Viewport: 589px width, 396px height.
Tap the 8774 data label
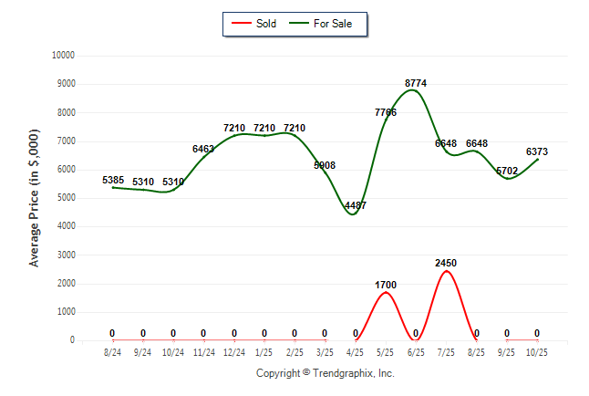(416, 83)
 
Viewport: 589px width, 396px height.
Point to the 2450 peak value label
(446, 263)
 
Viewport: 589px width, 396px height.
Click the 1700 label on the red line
(386, 285)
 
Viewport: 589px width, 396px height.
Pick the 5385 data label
(113, 180)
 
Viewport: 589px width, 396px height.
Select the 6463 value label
(203, 148)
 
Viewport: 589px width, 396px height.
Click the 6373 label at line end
(537, 151)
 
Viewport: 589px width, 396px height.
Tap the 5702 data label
(507, 171)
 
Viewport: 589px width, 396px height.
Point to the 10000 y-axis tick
(62, 56)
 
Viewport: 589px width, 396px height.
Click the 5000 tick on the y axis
(65, 198)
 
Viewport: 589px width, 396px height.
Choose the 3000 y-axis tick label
(65, 255)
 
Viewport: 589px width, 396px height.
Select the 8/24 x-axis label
(113, 351)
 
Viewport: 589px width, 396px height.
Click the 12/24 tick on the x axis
(234, 351)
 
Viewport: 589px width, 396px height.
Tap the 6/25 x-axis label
(416, 351)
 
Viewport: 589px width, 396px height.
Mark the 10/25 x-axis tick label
(537, 351)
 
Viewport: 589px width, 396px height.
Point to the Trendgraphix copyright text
(325, 373)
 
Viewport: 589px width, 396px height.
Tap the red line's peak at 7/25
(446, 271)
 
